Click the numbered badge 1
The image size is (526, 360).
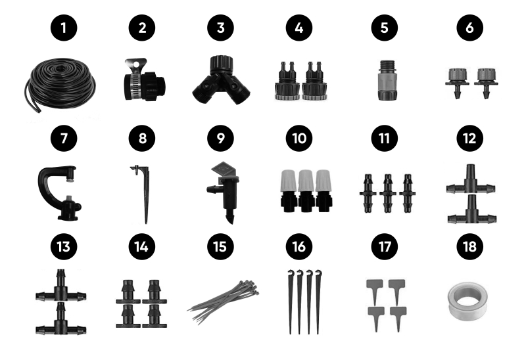(x=64, y=28)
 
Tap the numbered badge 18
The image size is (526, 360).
(x=469, y=247)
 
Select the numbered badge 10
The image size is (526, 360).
(x=299, y=139)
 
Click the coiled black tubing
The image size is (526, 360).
(x=60, y=85)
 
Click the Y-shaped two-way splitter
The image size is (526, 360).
(x=221, y=80)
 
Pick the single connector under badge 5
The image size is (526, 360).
(x=387, y=80)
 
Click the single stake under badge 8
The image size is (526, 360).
(x=145, y=194)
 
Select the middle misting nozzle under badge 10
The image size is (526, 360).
(x=306, y=191)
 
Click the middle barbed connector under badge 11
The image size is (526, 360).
(x=387, y=193)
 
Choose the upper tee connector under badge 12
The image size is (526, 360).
(x=470, y=180)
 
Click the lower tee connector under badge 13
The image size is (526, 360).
(x=60, y=320)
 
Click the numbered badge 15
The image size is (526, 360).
(x=220, y=247)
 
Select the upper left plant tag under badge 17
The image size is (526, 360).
(x=375, y=288)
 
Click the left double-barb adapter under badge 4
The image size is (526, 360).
(x=287, y=81)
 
